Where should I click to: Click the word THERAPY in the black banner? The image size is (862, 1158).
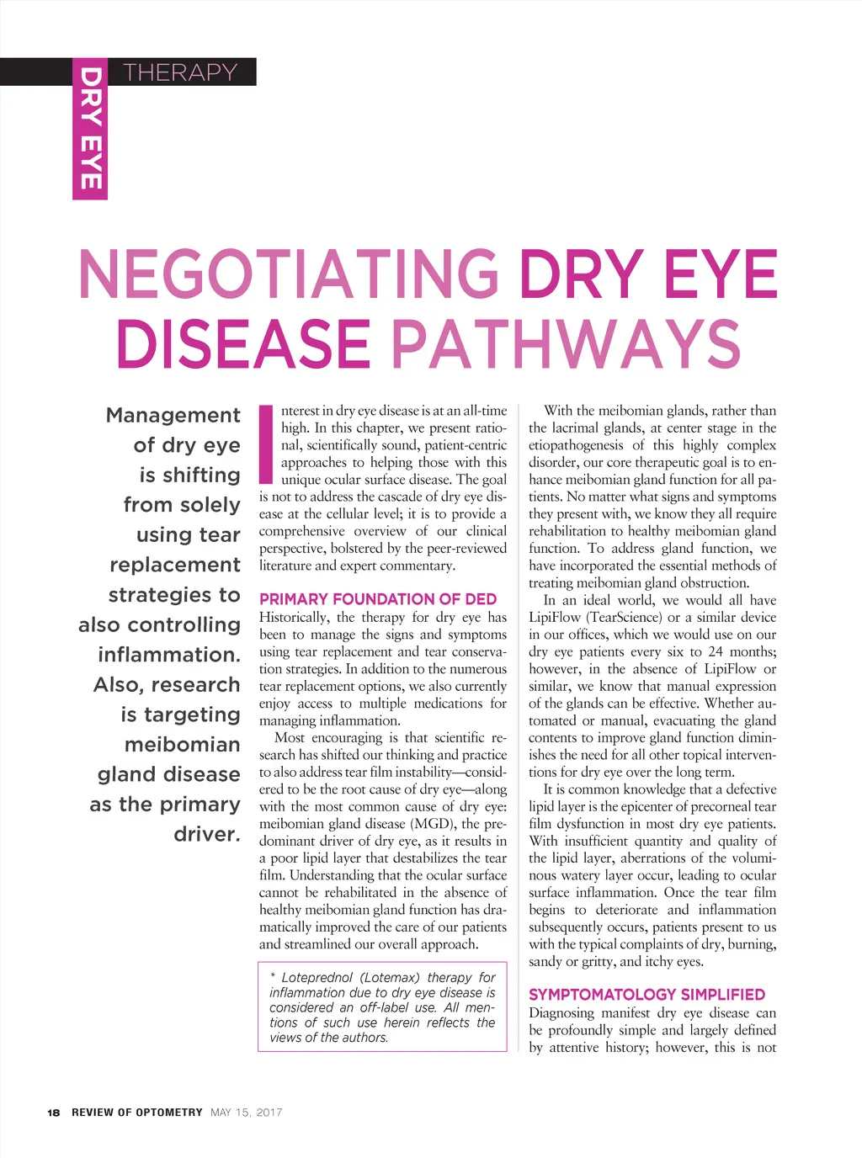[180, 72]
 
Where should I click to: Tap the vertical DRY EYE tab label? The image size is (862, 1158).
[90, 129]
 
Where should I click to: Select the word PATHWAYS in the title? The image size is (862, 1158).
[566, 343]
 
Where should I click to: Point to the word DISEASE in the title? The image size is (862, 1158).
[243, 343]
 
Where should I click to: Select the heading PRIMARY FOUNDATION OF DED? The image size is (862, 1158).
[378, 599]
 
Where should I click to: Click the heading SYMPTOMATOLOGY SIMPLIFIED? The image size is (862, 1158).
[646, 995]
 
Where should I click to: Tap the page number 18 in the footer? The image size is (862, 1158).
[54, 1113]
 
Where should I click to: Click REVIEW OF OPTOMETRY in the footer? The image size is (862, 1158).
[137, 1113]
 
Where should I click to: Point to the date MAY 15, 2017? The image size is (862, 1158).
[247, 1113]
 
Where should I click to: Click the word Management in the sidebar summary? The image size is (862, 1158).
[173, 415]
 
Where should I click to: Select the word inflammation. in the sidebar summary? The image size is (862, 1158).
[169, 655]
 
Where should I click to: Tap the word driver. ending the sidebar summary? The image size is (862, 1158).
[207, 834]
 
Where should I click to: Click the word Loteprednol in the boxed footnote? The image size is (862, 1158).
[317, 978]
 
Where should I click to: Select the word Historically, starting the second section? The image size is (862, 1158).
[295, 617]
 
